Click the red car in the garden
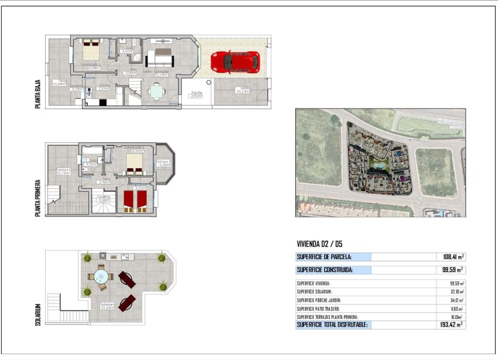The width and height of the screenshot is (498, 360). [x=235, y=61]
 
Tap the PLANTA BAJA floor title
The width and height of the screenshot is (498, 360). [x=38, y=96]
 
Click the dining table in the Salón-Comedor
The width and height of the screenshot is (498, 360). [x=156, y=91]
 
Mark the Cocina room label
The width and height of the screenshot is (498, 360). [x=104, y=87]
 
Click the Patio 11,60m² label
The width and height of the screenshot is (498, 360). [x=59, y=82]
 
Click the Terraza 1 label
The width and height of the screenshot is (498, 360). [x=63, y=171]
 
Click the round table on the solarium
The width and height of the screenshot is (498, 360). [x=100, y=277]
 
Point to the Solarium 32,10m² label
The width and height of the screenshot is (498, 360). [x=107, y=305]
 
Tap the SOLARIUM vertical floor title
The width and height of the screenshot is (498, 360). [x=38, y=315]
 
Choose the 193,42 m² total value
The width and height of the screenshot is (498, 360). [x=452, y=324]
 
